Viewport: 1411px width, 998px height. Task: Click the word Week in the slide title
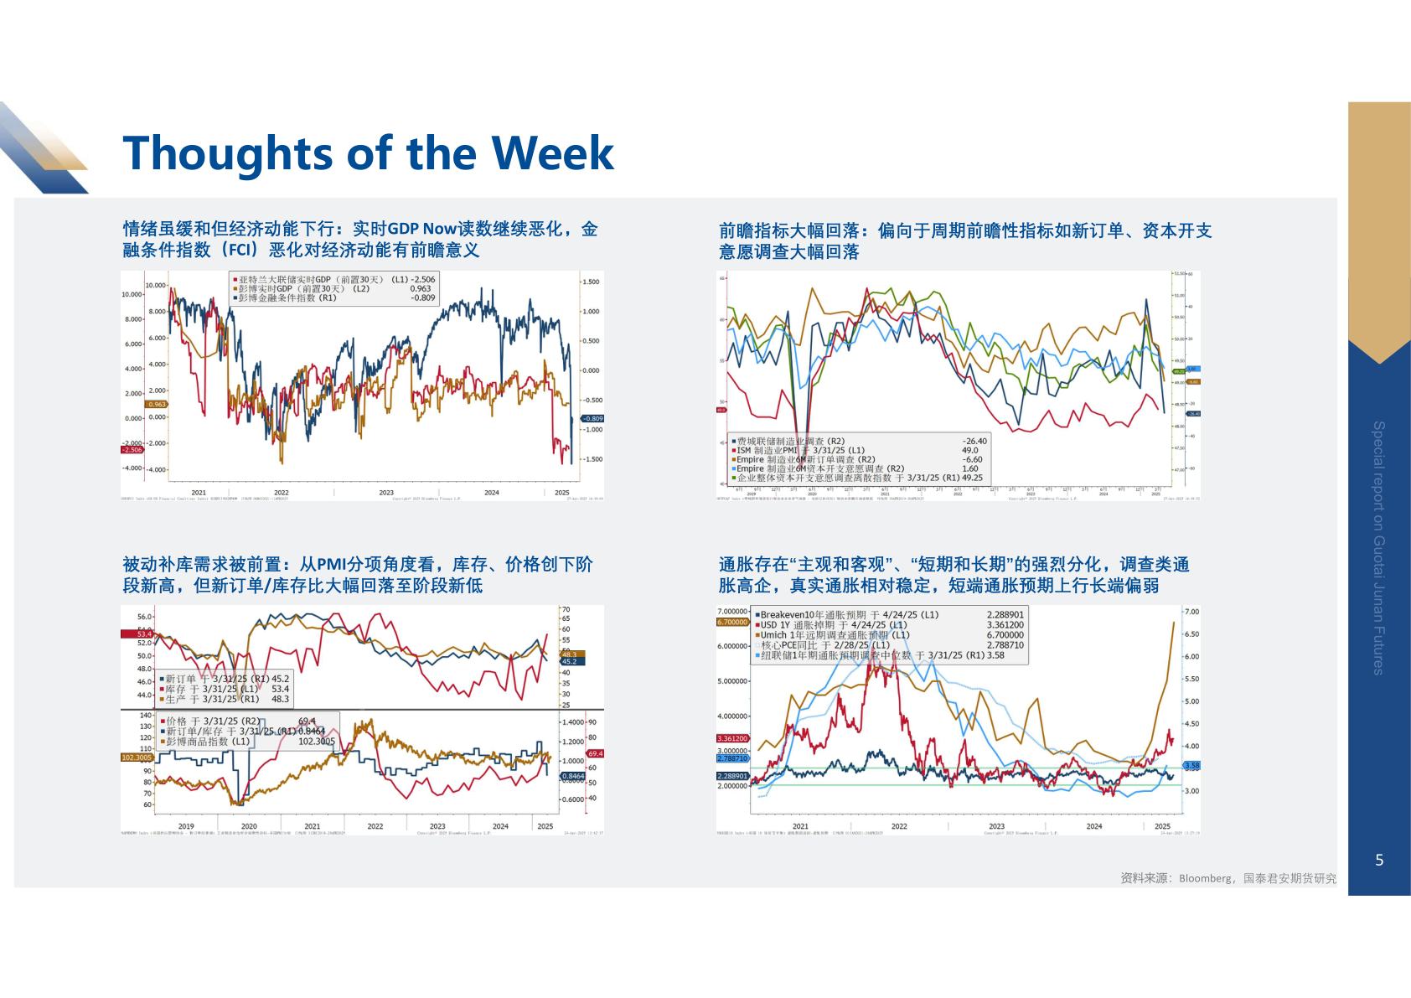552,153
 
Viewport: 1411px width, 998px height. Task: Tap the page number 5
1379,860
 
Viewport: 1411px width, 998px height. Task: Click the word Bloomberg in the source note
1205,878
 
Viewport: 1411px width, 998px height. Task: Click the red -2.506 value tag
132,450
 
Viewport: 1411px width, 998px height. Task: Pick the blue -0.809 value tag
593,418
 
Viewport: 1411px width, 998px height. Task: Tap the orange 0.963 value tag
157,404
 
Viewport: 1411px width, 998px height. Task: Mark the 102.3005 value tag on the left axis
137,758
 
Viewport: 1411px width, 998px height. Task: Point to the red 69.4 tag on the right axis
595,753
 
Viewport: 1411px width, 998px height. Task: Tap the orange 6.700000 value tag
732,622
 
